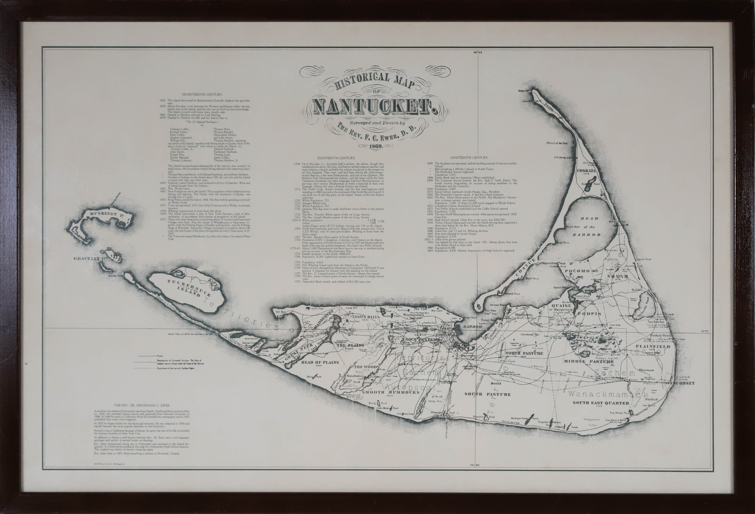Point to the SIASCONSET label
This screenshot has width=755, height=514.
click(680, 383)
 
